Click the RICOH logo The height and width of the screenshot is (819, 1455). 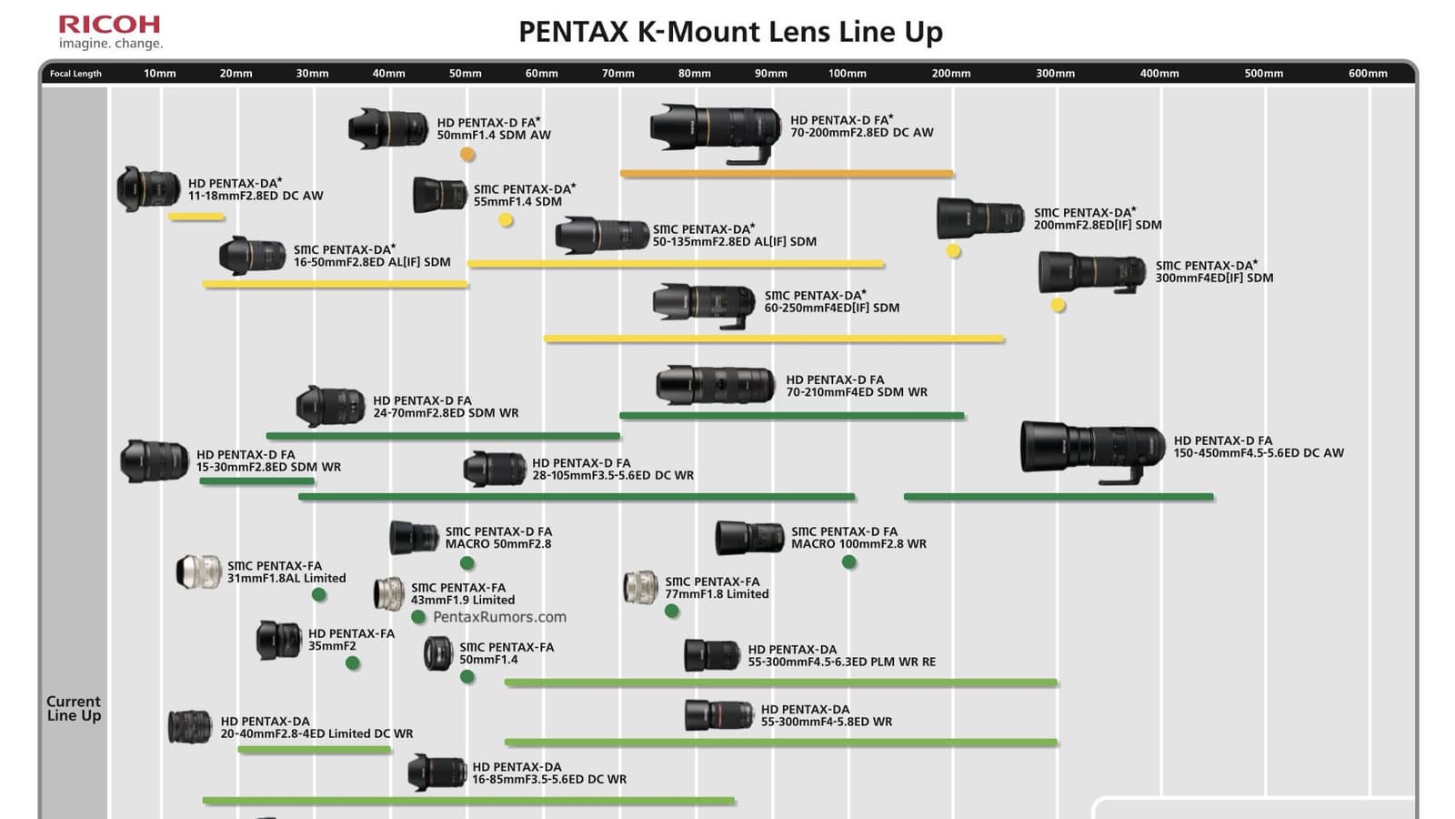tap(109, 25)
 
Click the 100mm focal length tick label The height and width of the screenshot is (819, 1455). tap(847, 74)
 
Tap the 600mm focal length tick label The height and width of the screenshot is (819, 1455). tap(1368, 74)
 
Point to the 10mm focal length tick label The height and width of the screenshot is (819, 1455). tap(160, 74)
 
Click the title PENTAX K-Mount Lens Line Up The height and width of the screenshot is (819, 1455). tap(730, 32)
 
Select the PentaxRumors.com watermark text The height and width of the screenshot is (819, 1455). tap(499, 617)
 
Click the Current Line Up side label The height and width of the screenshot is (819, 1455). tap(74, 708)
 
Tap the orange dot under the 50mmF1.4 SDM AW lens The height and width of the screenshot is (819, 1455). tap(467, 155)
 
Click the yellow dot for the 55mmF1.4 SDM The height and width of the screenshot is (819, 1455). tap(506, 219)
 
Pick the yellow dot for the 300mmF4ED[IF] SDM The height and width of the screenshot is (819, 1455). tap(1058, 306)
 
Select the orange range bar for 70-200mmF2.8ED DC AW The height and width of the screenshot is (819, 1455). tap(787, 173)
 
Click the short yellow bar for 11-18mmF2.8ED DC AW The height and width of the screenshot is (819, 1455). tap(196, 217)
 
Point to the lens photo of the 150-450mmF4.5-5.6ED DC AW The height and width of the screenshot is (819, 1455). tap(1092, 449)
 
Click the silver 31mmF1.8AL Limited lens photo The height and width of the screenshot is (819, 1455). tap(198, 571)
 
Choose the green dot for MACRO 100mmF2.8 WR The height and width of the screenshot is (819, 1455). tap(848, 562)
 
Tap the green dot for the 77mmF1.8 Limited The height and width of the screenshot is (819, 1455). tap(672, 612)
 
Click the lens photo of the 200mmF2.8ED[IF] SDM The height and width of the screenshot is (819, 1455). tap(980, 219)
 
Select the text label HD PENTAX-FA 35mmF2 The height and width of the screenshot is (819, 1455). tap(351, 640)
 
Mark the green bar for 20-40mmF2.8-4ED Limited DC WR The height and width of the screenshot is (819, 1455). tap(315, 750)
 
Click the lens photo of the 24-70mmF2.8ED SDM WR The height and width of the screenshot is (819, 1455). tap(330, 407)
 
